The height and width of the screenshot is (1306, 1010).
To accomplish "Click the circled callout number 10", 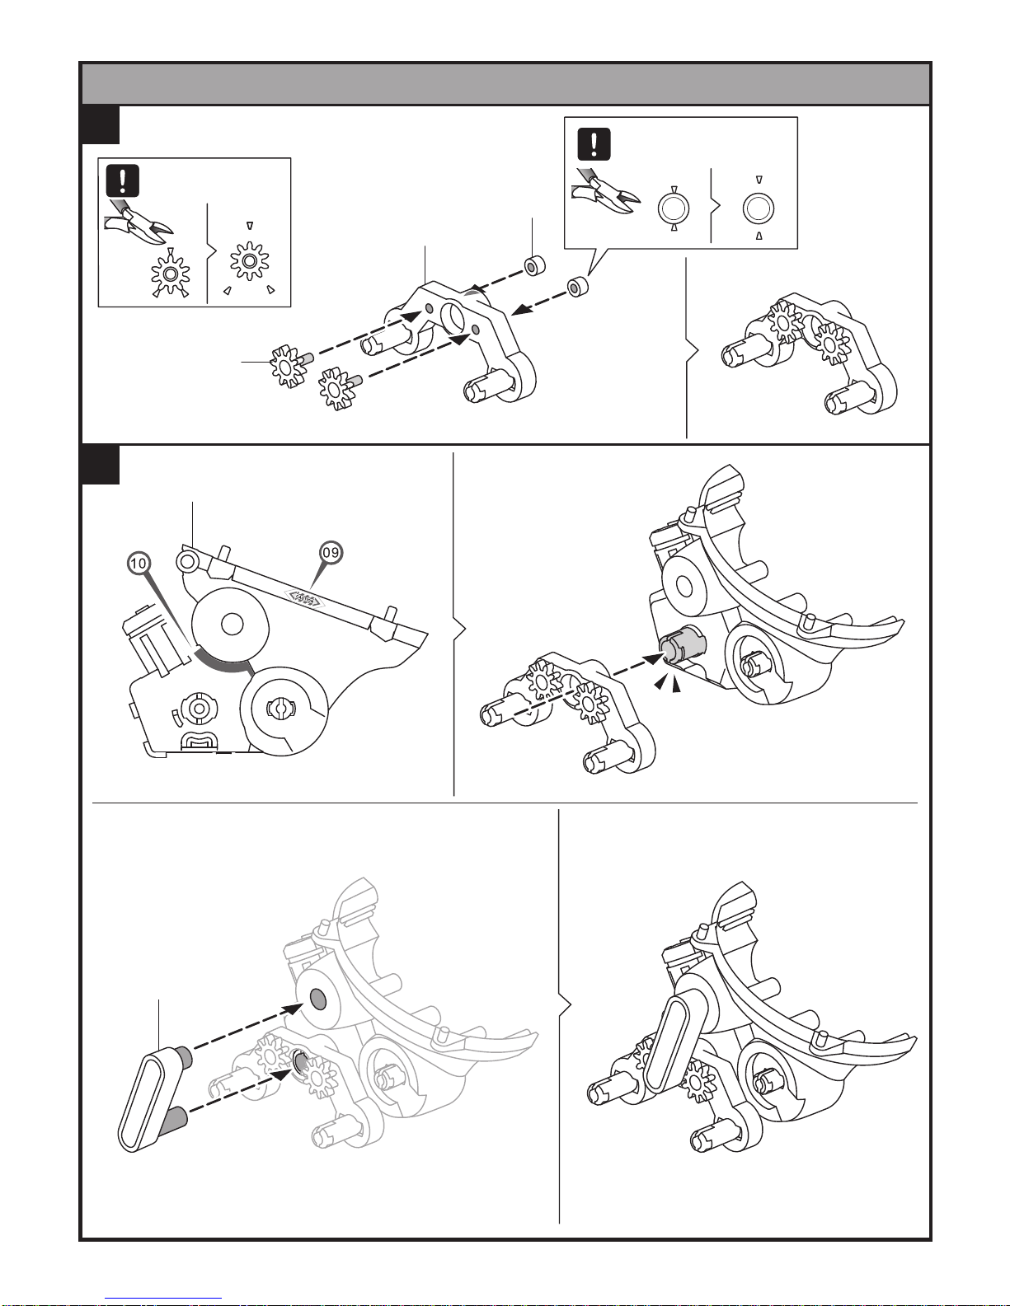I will coord(139,563).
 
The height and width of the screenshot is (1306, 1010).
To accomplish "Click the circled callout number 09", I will coord(330,553).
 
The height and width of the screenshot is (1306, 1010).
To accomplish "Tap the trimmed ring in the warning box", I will coord(758,208).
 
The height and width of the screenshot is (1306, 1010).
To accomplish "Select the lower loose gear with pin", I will coord(339,387).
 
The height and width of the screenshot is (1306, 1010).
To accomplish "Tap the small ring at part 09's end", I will coord(186,561).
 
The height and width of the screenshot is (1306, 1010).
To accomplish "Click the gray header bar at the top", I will coord(505,84).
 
